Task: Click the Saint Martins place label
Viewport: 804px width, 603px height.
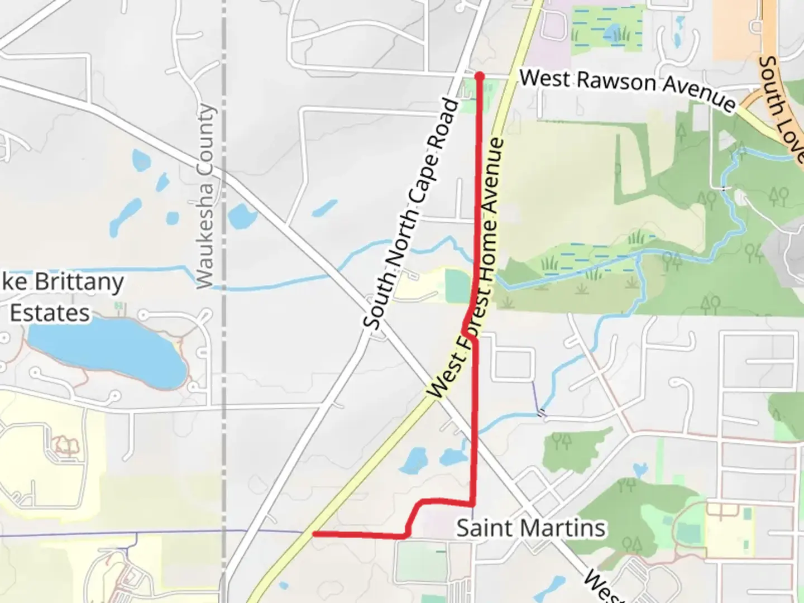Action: [x=531, y=528]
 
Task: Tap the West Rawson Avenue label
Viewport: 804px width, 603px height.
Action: [x=628, y=89]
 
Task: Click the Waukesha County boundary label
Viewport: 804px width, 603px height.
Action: [x=205, y=197]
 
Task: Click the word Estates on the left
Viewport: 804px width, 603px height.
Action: [x=50, y=313]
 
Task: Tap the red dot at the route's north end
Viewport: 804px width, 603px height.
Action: [x=479, y=75]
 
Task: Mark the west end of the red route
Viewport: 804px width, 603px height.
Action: [x=315, y=534]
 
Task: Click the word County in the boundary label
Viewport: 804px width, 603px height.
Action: [x=206, y=138]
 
